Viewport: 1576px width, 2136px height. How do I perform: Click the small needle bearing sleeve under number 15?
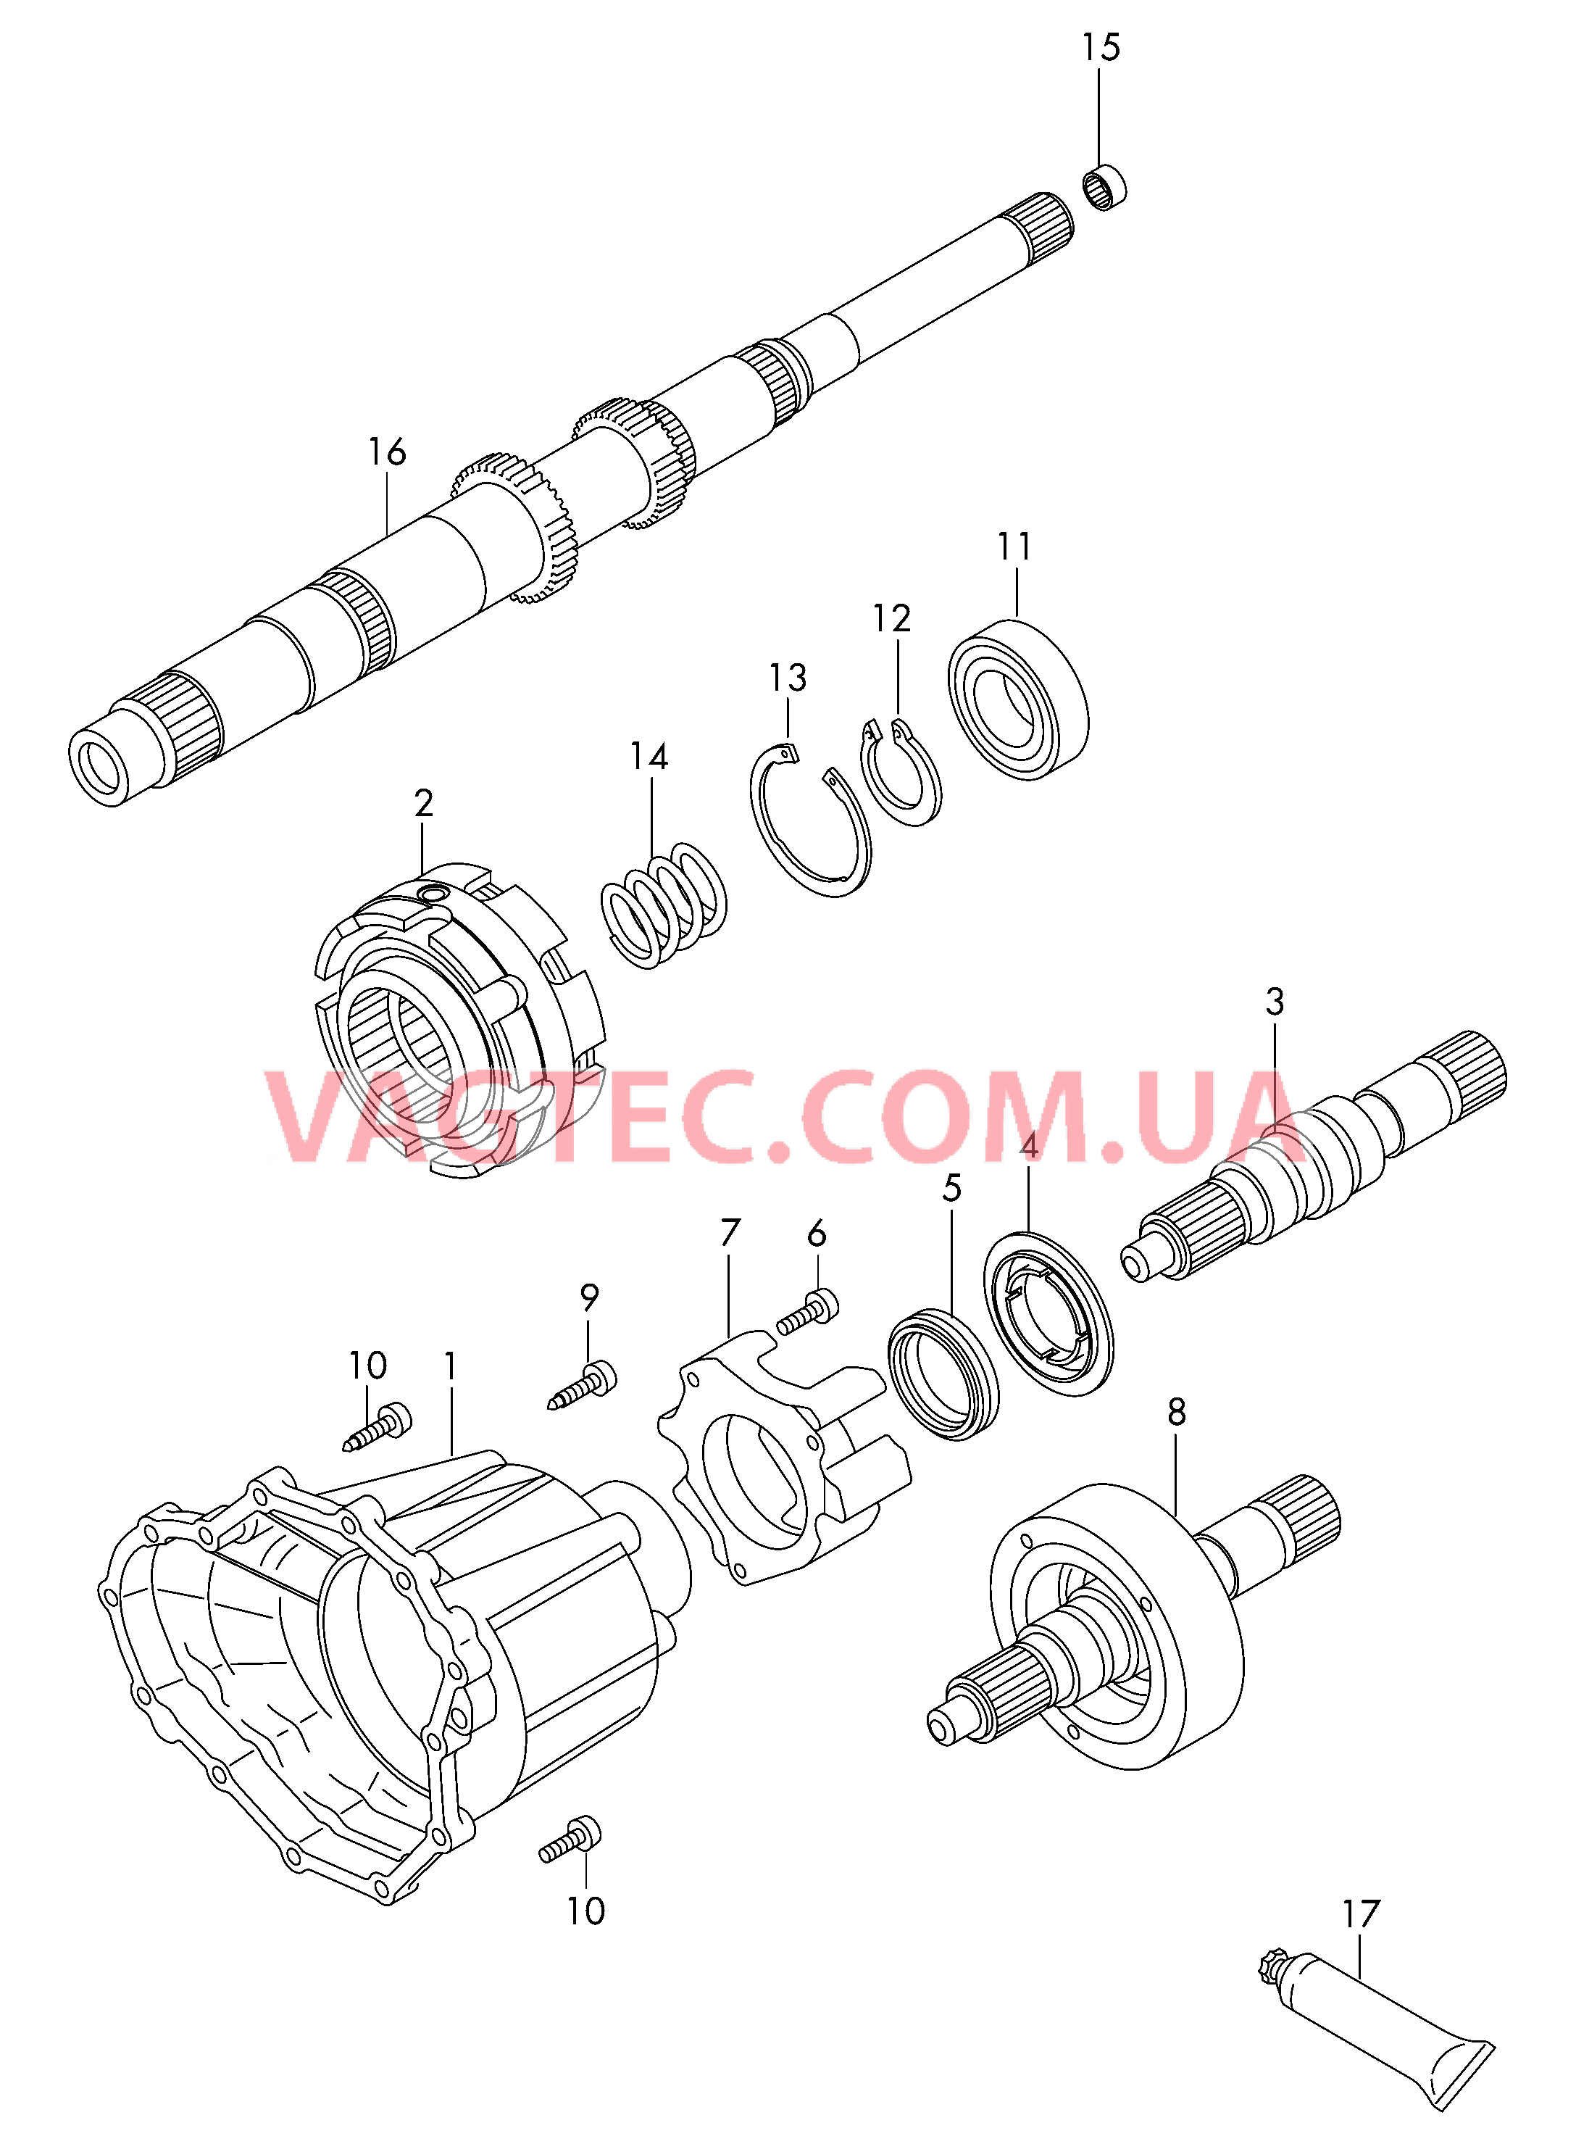click(1106, 187)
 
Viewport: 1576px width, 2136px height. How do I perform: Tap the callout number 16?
click(388, 452)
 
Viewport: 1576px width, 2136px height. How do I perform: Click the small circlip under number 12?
click(901, 773)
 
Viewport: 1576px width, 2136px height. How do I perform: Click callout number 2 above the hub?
click(424, 803)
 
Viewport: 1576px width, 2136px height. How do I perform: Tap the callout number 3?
click(1275, 1002)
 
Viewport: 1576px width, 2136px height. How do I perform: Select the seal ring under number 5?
click(943, 1375)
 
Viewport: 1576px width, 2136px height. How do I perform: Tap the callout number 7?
click(730, 1233)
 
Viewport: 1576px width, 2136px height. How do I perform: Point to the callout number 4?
click(1028, 1146)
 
